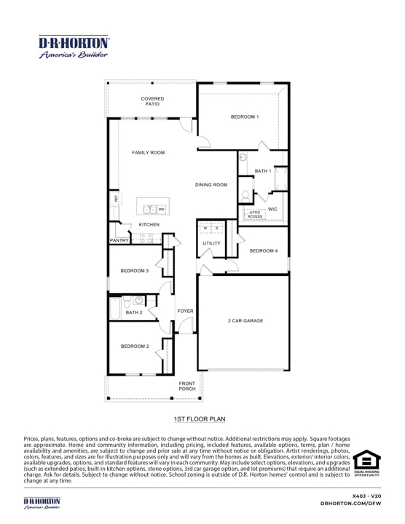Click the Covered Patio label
152,101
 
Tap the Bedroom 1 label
245,116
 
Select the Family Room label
148,154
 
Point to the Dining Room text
211,185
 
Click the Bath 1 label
263,171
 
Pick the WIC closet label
272,209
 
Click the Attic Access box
254,214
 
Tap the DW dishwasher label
162,210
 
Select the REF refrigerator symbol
116,198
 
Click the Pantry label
119,239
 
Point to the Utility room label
211,243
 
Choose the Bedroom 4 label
263,250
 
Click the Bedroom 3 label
135,271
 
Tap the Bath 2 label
134,312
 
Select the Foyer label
185,311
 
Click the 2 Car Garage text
245,320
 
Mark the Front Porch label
187,386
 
